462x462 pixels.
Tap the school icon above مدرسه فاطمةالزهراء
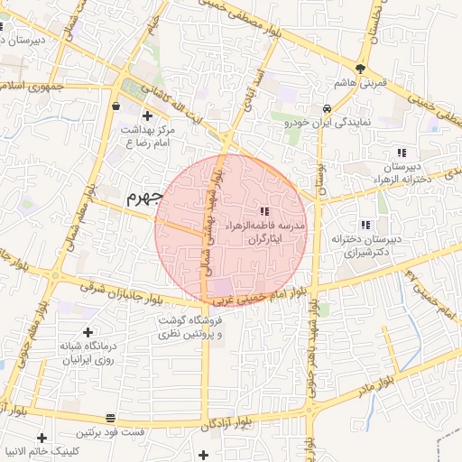tap(263, 210)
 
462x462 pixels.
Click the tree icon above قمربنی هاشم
tap(360, 69)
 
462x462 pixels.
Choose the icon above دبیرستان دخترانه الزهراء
tap(400, 152)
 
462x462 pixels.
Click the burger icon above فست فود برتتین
tap(110, 419)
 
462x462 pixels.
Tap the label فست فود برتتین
tap(109, 433)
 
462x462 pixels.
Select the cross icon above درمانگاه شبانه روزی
tap(88, 333)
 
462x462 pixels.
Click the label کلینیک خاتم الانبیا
tap(55, 450)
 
